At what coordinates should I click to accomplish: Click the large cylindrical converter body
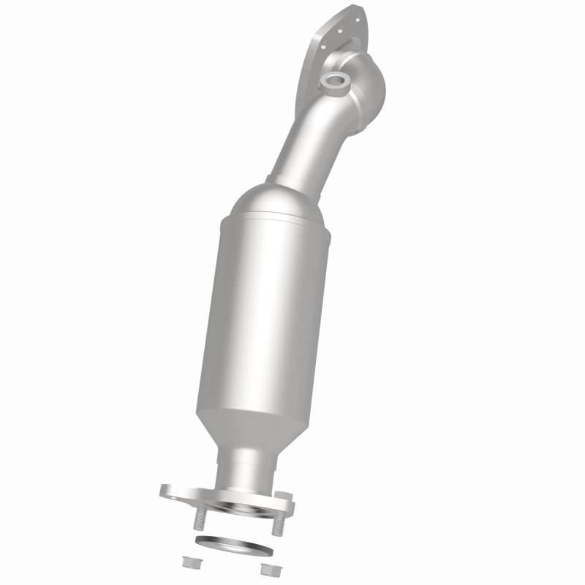coord(263,314)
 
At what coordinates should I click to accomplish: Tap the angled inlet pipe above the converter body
coord(307,139)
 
